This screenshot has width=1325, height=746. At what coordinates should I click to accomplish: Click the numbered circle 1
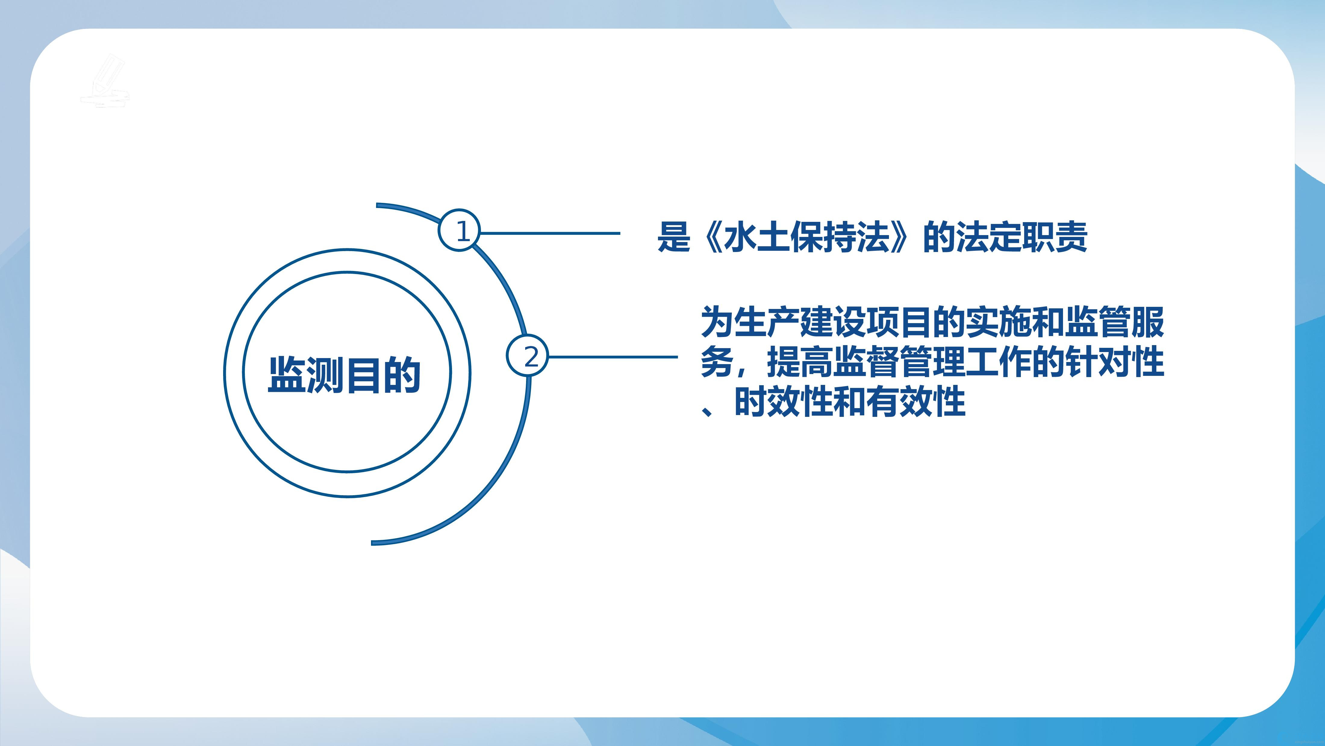pos(459,230)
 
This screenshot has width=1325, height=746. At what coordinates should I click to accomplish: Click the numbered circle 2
pos(528,355)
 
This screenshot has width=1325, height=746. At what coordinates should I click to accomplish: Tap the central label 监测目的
pos(344,374)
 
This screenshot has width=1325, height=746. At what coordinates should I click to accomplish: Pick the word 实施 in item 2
pos(999,322)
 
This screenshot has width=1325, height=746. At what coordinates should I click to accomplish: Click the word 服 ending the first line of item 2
pos(1148,322)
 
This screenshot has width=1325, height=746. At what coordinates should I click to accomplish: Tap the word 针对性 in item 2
pos(1115,362)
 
